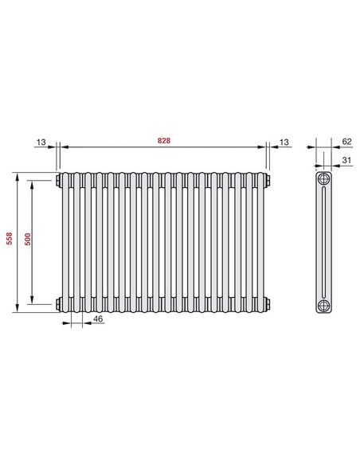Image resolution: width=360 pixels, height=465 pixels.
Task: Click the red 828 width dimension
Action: (x=164, y=141)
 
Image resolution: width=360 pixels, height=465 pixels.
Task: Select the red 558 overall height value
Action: (x=9, y=241)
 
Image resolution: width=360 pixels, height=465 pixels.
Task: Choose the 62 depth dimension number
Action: (x=346, y=141)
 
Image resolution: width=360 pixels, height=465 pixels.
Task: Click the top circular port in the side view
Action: (x=323, y=178)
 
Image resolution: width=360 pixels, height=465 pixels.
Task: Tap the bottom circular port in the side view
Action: (x=323, y=305)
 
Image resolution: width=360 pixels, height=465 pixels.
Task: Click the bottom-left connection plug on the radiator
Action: (x=59, y=302)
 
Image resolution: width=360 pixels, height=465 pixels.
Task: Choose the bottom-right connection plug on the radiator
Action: (x=268, y=302)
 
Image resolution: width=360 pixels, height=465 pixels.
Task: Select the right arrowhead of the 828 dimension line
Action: (x=263, y=147)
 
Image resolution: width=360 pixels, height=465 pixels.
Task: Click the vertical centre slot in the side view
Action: (x=323, y=241)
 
